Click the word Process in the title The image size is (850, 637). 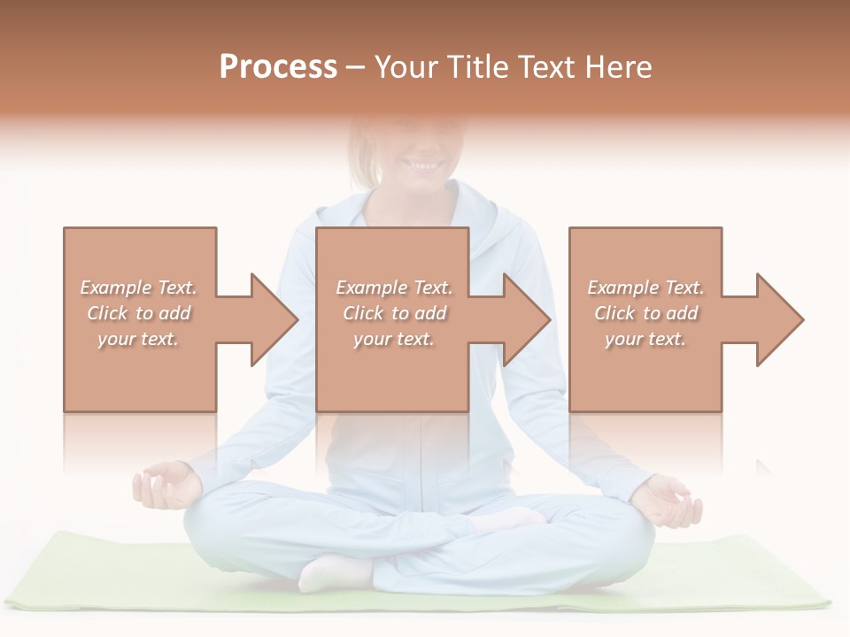click(x=278, y=67)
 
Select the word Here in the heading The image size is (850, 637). click(x=619, y=67)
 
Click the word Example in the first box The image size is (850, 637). click(x=116, y=288)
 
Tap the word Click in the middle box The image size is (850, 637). click(x=361, y=313)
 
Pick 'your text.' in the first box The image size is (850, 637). click(x=138, y=339)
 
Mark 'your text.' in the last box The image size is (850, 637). click(x=645, y=339)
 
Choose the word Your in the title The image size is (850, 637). click(x=406, y=67)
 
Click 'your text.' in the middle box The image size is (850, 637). click(x=393, y=339)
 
